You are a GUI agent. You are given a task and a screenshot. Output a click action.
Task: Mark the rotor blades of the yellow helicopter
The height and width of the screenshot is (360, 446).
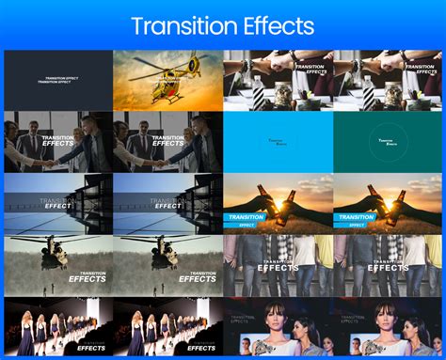[169, 58]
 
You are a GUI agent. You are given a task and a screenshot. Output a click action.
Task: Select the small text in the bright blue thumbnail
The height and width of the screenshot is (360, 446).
[279, 142]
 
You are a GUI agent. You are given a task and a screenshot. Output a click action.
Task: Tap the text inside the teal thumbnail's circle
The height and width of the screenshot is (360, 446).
[389, 142]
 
